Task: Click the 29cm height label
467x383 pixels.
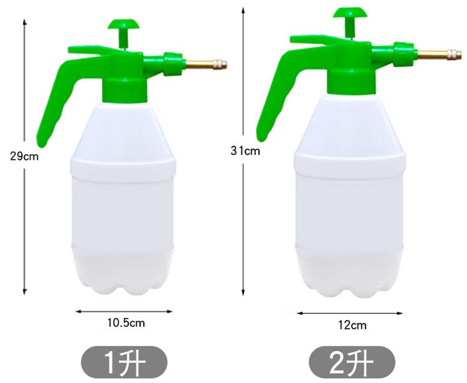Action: pos(24,156)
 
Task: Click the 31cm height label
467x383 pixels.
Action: pos(245,151)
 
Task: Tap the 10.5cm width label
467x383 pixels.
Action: pos(127,323)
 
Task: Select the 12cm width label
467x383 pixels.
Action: pos(352,325)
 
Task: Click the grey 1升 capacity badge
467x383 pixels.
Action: pos(124,362)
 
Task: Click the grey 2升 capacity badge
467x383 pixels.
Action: pos(352,362)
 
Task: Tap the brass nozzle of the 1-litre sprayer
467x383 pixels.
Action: pos(206,64)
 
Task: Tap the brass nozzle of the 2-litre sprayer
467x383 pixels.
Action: pos(439,54)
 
